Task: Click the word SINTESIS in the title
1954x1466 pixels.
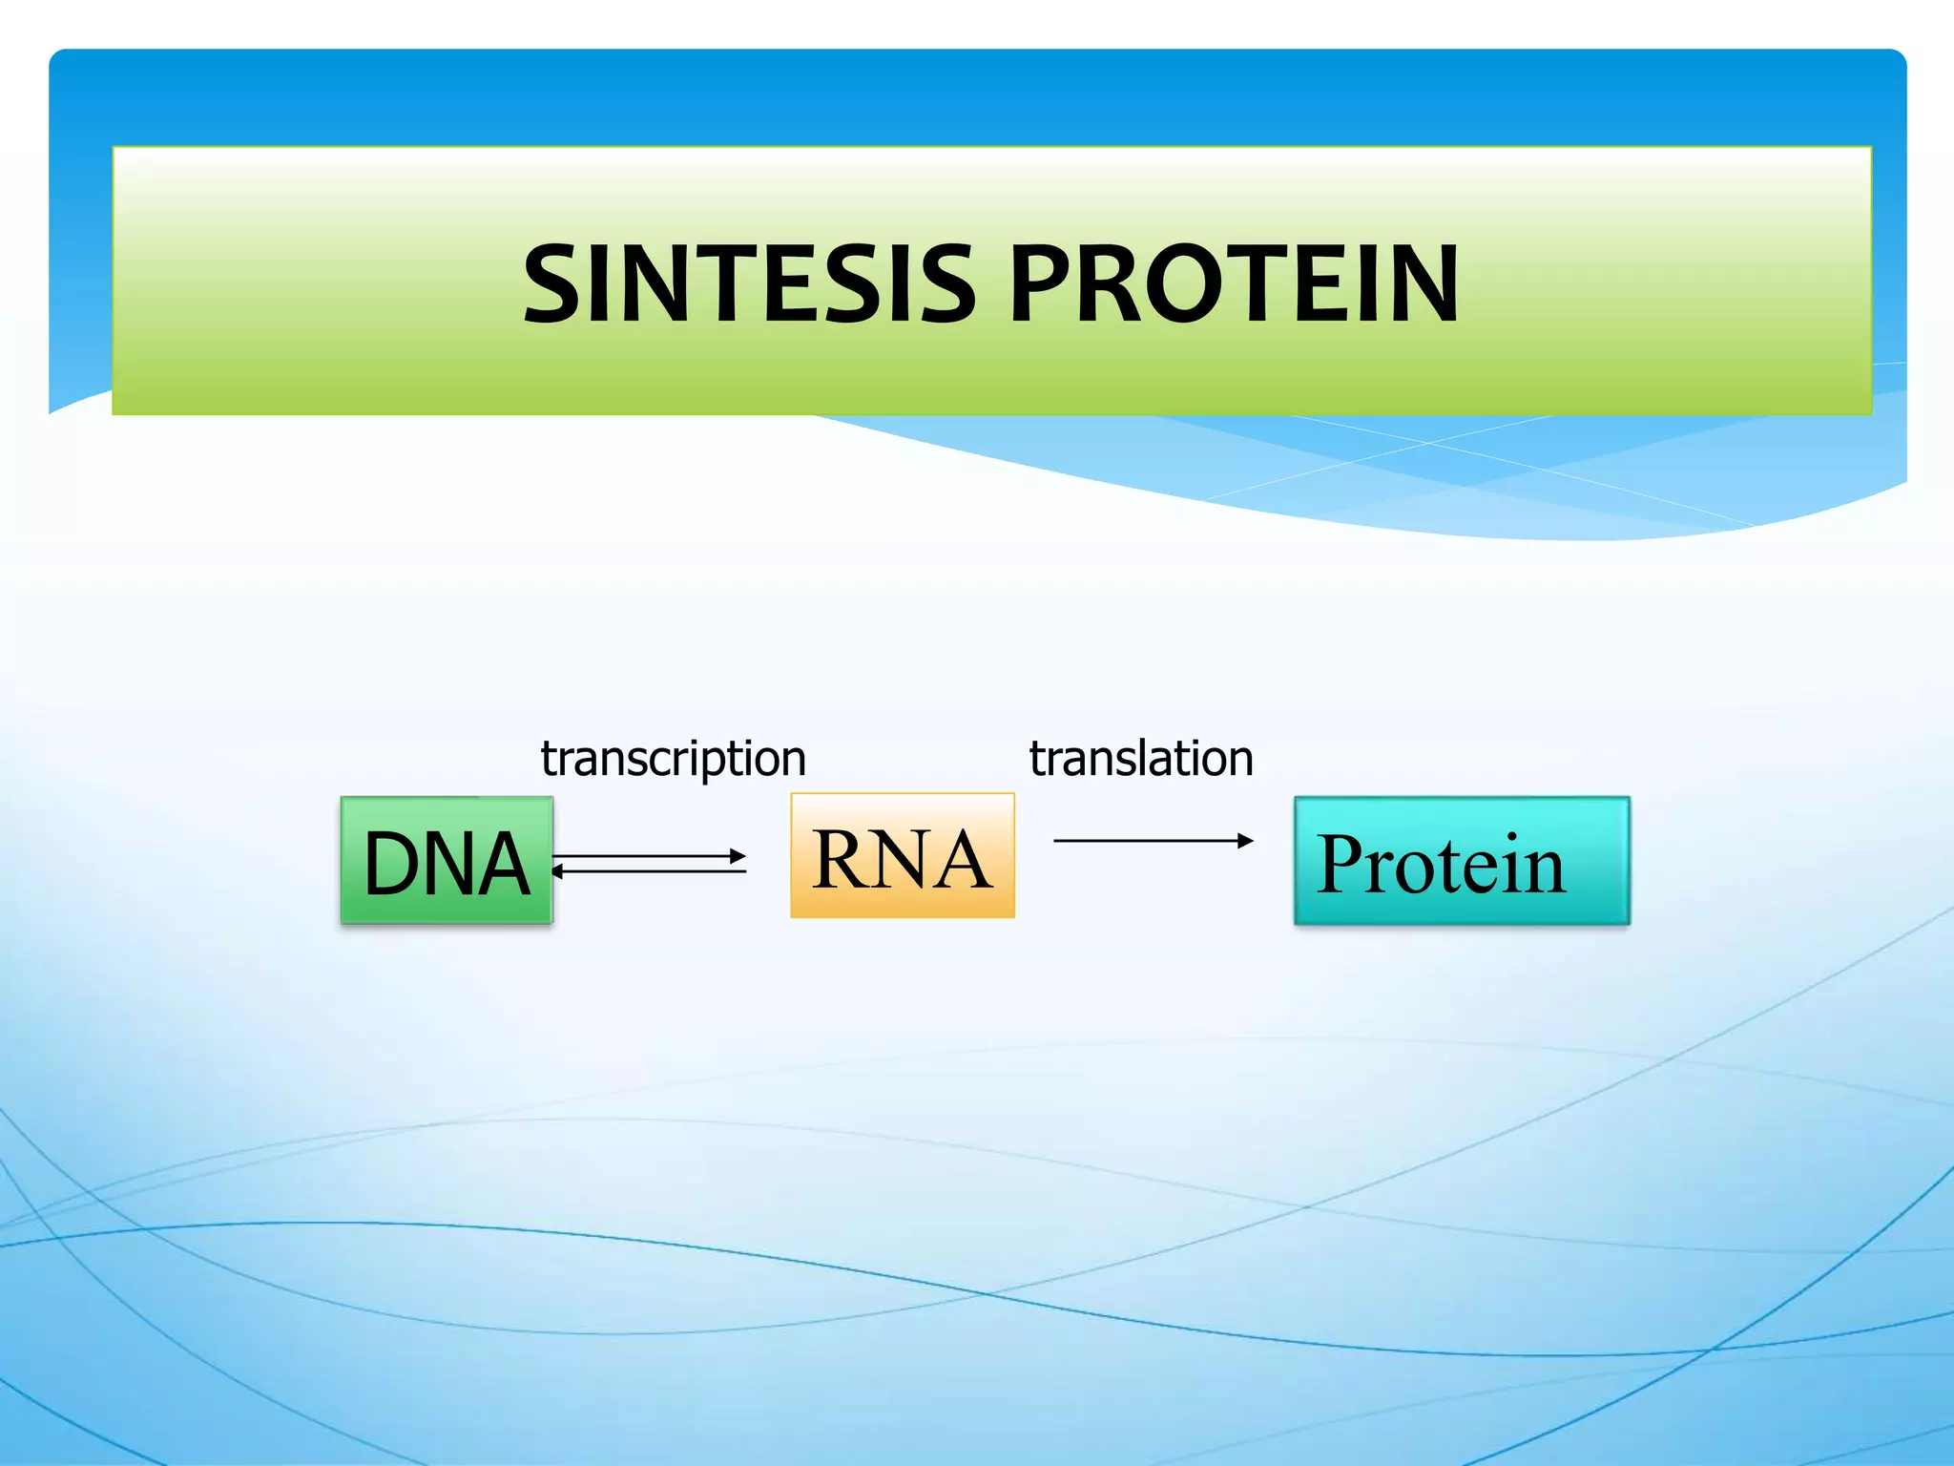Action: point(749,283)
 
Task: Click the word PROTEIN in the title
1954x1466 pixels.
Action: point(1233,283)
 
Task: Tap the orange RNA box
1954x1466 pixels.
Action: point(902,856)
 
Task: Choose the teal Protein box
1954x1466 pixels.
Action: point(1461,861)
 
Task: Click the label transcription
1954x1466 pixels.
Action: point(673,759)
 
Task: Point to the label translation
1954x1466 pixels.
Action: point(1140,759)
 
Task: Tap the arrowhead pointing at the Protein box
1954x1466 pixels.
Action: point(1245,841)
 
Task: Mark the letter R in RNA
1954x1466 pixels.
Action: point(842,859)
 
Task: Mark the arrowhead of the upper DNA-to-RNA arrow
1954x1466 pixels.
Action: point(738,856)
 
